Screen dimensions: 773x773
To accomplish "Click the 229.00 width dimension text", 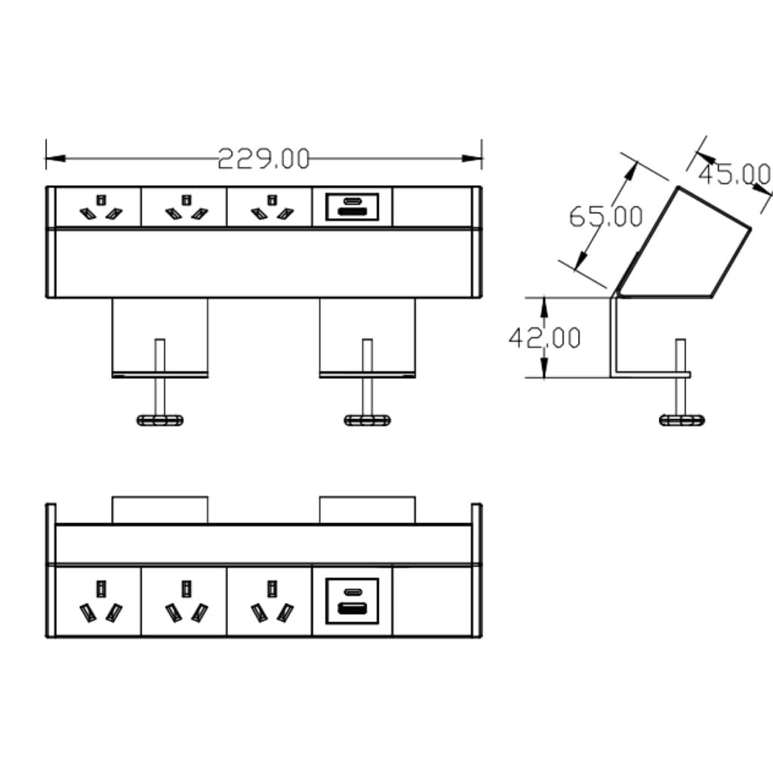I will pos(264,159).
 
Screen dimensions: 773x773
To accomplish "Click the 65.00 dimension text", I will pos(605,217).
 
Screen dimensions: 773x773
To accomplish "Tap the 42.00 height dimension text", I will pos(544,337).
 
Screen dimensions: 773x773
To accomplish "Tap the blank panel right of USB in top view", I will pos(433,207).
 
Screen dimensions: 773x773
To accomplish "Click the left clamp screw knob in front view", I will pos(159,420).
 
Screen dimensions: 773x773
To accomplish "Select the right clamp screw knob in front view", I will pos(367,420).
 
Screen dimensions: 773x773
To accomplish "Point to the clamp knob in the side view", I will pos(682,420).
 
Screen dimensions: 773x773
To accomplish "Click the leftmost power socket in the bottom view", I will pos(99,602).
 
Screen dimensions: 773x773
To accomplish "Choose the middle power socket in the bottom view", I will pos(184,602).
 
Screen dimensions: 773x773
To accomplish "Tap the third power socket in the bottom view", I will pos(270,602).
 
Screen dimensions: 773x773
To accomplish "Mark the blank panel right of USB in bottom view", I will pos(433,601).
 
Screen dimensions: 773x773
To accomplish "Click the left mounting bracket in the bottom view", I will pos(159,510).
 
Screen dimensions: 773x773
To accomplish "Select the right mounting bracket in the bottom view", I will pos(367,510).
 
